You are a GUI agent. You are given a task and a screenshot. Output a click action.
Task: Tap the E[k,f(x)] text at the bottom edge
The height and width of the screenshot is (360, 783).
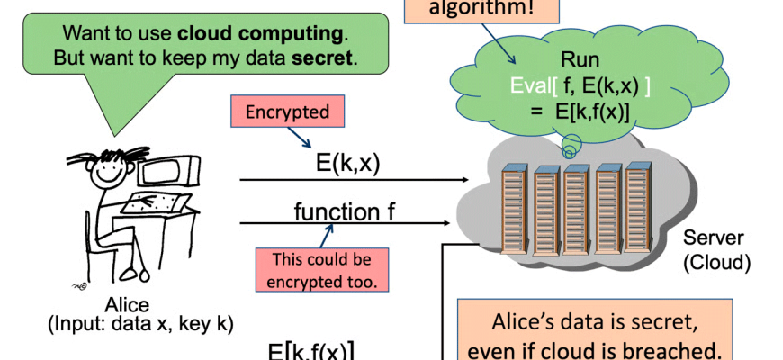(x=310, y=351)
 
